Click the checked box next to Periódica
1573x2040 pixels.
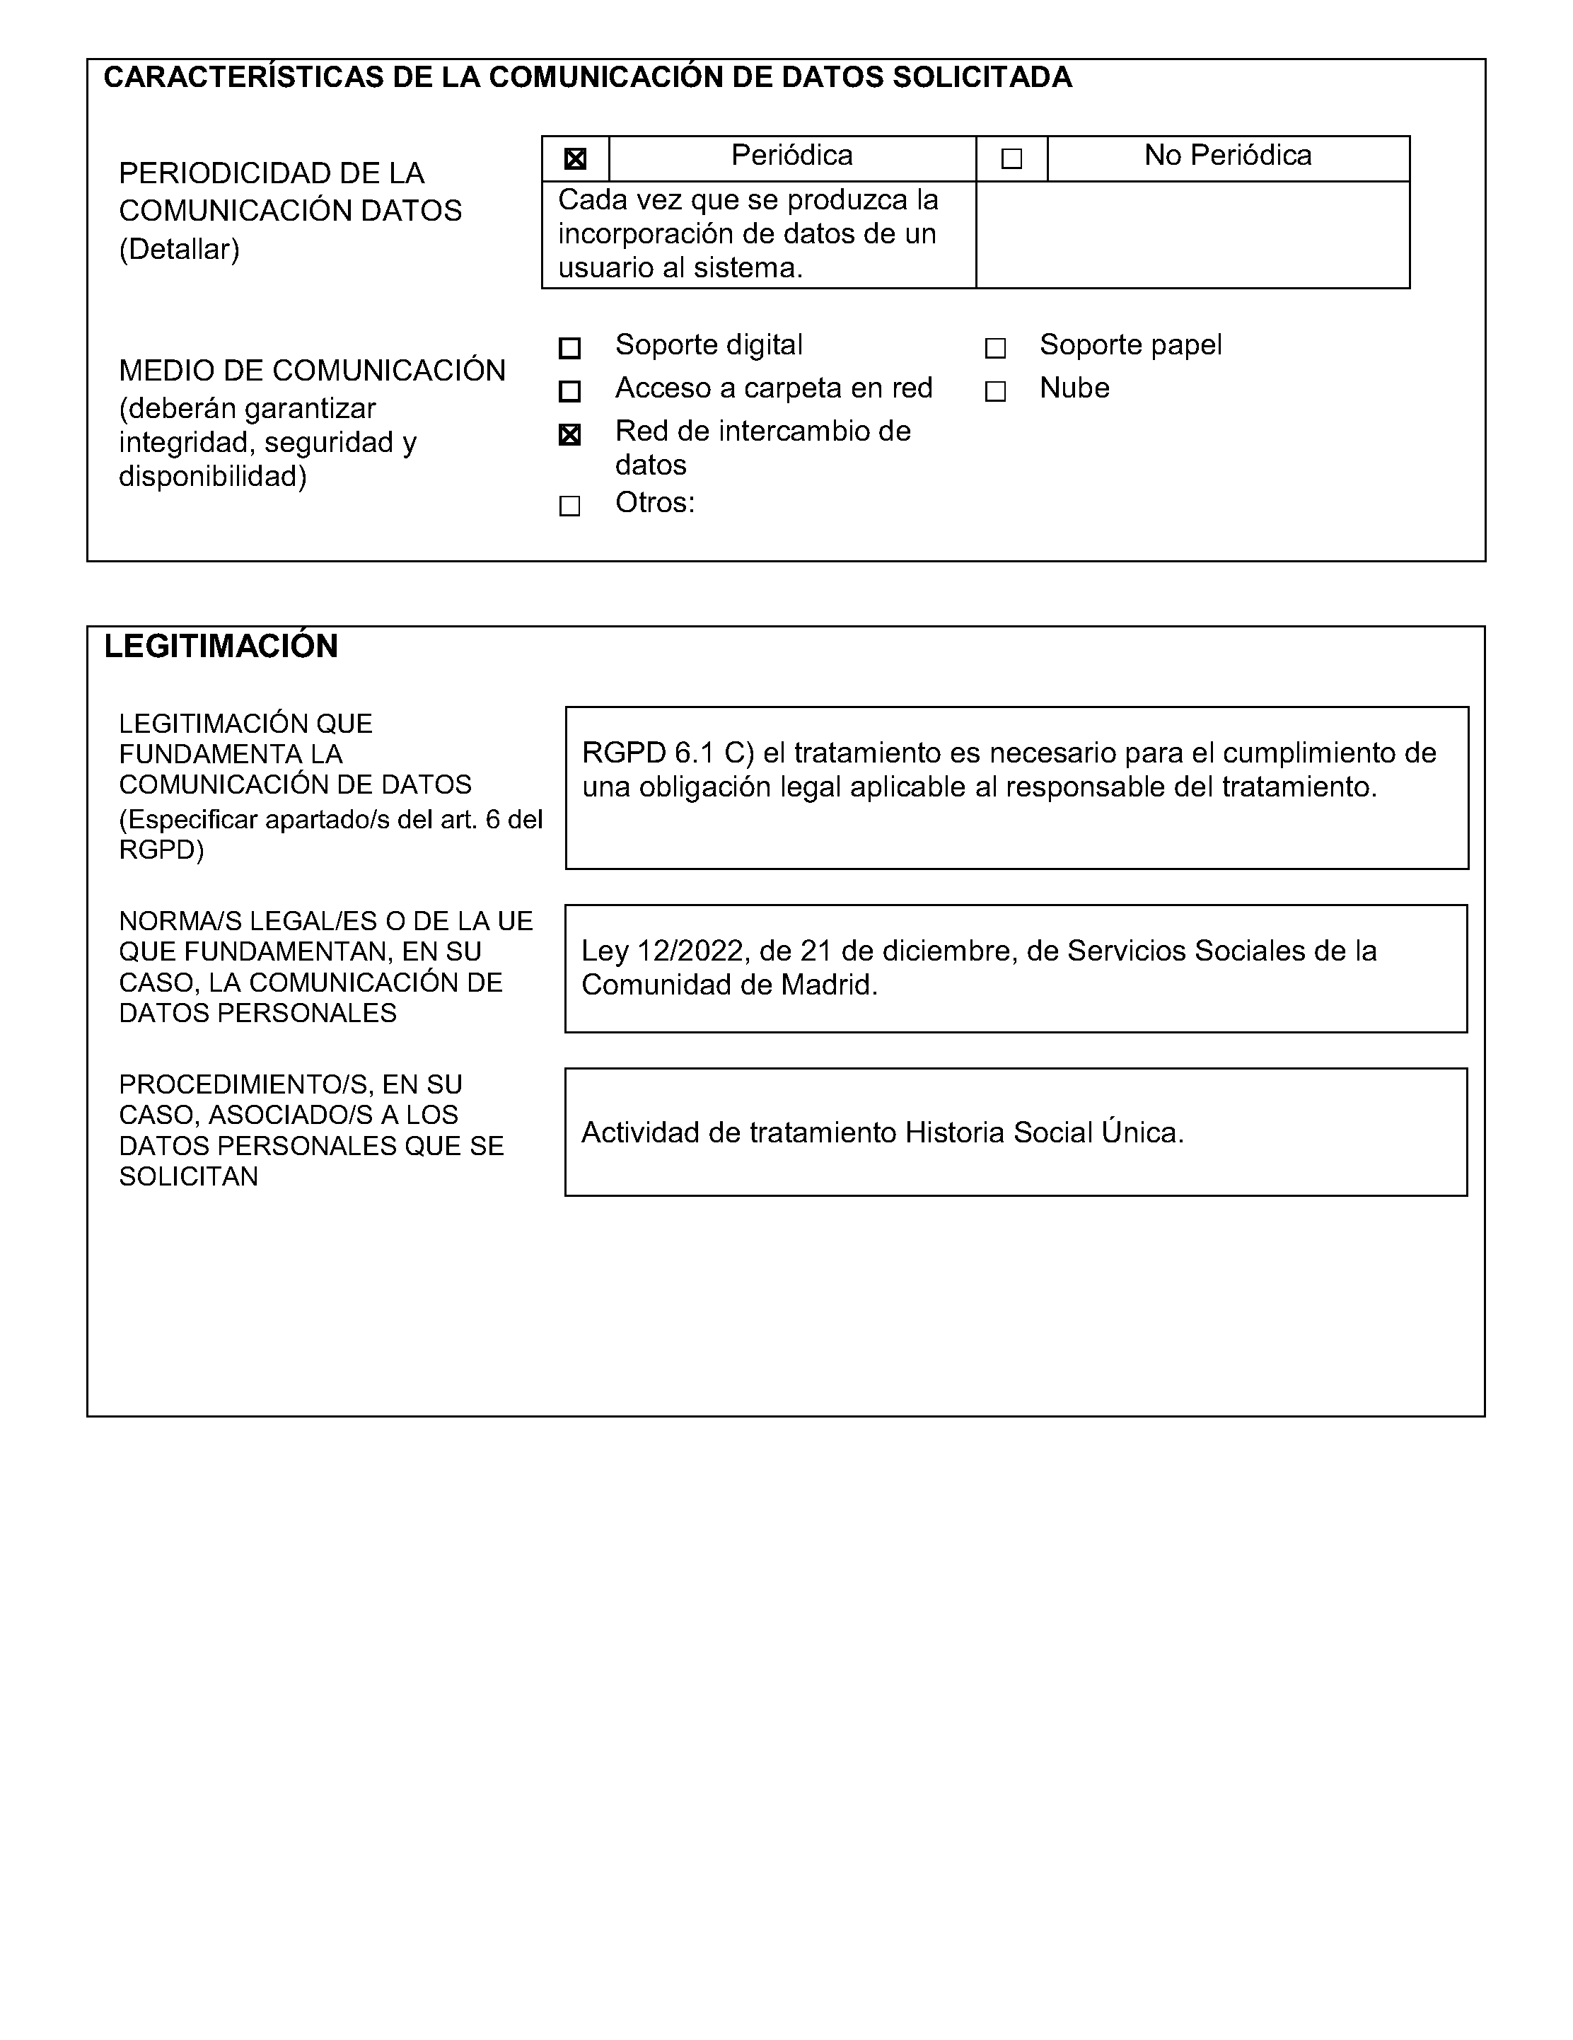[x=576, y=158]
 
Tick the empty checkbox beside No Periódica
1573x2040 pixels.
[x=1011, y=158]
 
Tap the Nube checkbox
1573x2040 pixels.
[x=996, y=390]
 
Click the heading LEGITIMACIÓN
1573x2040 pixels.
[x=221, y=647]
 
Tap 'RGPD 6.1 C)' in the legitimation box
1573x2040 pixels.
[x=667, y=753]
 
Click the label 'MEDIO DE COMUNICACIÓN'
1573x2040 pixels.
[x=312, y=371]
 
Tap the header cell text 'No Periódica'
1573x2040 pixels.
[x=1227, y=155]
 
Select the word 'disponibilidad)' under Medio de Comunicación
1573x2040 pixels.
[x=213, y=476]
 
